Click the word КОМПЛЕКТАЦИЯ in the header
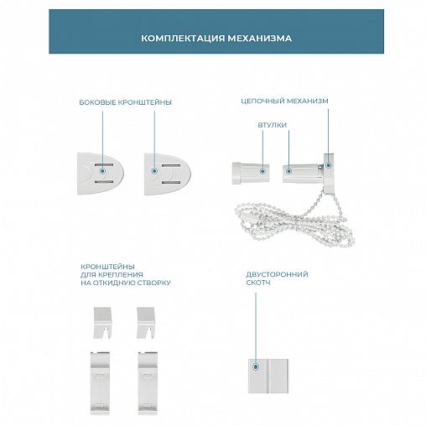click(x=183, y=38)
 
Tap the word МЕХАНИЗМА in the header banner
click(x=260, y=38)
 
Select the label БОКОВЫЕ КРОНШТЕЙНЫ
click(x=125, y=102)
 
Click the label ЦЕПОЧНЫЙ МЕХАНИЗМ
click(x=284, y=101)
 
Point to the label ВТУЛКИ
click(x=273, y=125)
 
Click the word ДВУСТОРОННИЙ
click(x=277, y=274)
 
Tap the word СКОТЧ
click(x=258, y=283)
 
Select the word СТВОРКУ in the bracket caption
click(x=154, y=283)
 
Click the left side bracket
click(x=101, y=174)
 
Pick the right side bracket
click(x=168, y=174)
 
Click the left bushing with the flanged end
click(x=251, y=173)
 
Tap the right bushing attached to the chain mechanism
click(x=303, y=174)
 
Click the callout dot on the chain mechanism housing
click(x=329, y=165)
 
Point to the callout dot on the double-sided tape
click(x=256, y=366)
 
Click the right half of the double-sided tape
click(x=278, y=376)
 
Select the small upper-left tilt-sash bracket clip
click(x=102, y=323)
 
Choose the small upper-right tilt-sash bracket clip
click(x=146, y=323)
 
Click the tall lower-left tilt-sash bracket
click(x=100, y=383)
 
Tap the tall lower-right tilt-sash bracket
click(x=148, y=383)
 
